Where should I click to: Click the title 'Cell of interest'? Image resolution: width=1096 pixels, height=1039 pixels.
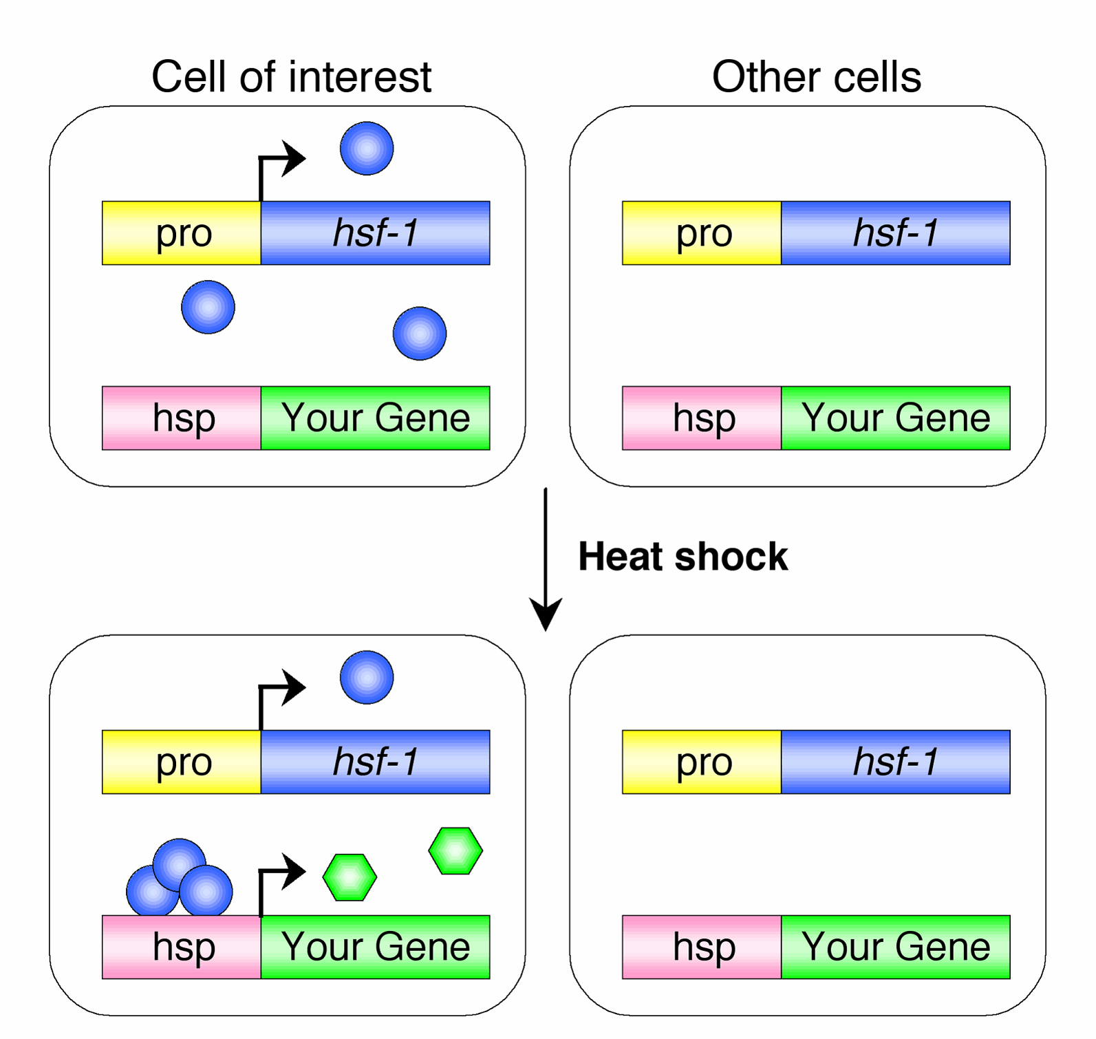(291, 76)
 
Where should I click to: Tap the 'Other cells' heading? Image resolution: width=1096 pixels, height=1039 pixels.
(817, 76)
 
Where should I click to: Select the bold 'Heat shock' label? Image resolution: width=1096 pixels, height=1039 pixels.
(683, 556)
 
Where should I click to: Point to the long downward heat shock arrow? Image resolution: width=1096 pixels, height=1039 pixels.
(546, 559)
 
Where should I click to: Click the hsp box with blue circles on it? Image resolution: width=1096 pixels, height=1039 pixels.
(182, 947)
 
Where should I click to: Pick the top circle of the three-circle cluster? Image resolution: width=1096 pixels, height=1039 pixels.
(180, 864)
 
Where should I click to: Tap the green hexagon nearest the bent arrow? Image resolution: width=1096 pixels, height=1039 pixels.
(350, 877)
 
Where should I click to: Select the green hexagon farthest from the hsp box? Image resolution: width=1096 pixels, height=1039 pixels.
(455, 851)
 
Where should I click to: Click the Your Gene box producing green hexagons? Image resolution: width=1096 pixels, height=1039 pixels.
(376, 947)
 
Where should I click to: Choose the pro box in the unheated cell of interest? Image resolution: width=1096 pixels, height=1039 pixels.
(182, 233)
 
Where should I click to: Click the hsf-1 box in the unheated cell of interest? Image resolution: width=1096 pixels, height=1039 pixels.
(376, 233)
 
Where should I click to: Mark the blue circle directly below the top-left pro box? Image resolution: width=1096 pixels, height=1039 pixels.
(208, 307)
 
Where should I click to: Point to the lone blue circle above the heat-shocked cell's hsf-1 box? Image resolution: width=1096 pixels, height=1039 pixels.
(367, 677)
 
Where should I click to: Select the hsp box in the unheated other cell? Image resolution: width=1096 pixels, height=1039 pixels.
(702, 418)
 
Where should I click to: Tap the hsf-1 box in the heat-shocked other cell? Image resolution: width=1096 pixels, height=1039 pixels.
(896, 762)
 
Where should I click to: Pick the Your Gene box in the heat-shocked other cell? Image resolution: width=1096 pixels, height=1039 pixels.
(896, 947)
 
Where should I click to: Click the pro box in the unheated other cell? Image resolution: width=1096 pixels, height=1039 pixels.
(702, 233)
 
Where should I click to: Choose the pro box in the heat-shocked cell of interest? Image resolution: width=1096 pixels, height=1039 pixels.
(182, 762)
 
